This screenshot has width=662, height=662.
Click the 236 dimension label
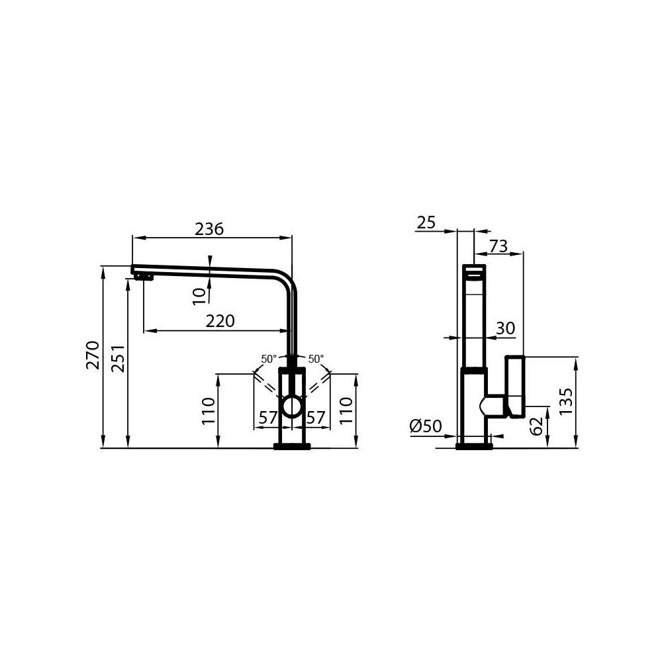pyautogui.click(x=209, y=229)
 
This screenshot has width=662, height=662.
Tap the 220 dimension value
pyautogui.click(x=220, y=321)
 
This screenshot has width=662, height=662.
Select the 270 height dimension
pyautogui.click(x=93, y=355)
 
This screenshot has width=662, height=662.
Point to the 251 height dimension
pyautogui.click(x=117, y=358)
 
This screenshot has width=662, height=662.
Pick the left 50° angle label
pyautogui.click(x=269, y=359)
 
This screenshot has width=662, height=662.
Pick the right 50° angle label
pyautogui.click(x=316, y=359)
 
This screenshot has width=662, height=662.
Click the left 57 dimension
pyautogui.click(x=267, y=418)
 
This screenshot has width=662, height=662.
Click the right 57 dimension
pyautogui.click(x=316, y=418)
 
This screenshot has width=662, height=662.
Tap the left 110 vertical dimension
pyautogui.click(x=209, y=411)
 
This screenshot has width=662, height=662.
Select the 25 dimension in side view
pyautogui.click(x=427, y=222)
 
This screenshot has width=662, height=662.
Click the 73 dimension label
pyautogui.click(x=498, y=246)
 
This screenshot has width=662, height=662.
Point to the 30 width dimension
pyautogui.click(x=505, y=328)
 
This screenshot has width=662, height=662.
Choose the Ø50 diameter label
pyautogui.click(x=426, y=427)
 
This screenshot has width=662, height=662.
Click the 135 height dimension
pyautogui.click(x=565, y=402)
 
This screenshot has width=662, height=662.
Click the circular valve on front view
pyautogui.click(x=291, y=406)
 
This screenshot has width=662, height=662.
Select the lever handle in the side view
pyautogui.click(x=515, y=387)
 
